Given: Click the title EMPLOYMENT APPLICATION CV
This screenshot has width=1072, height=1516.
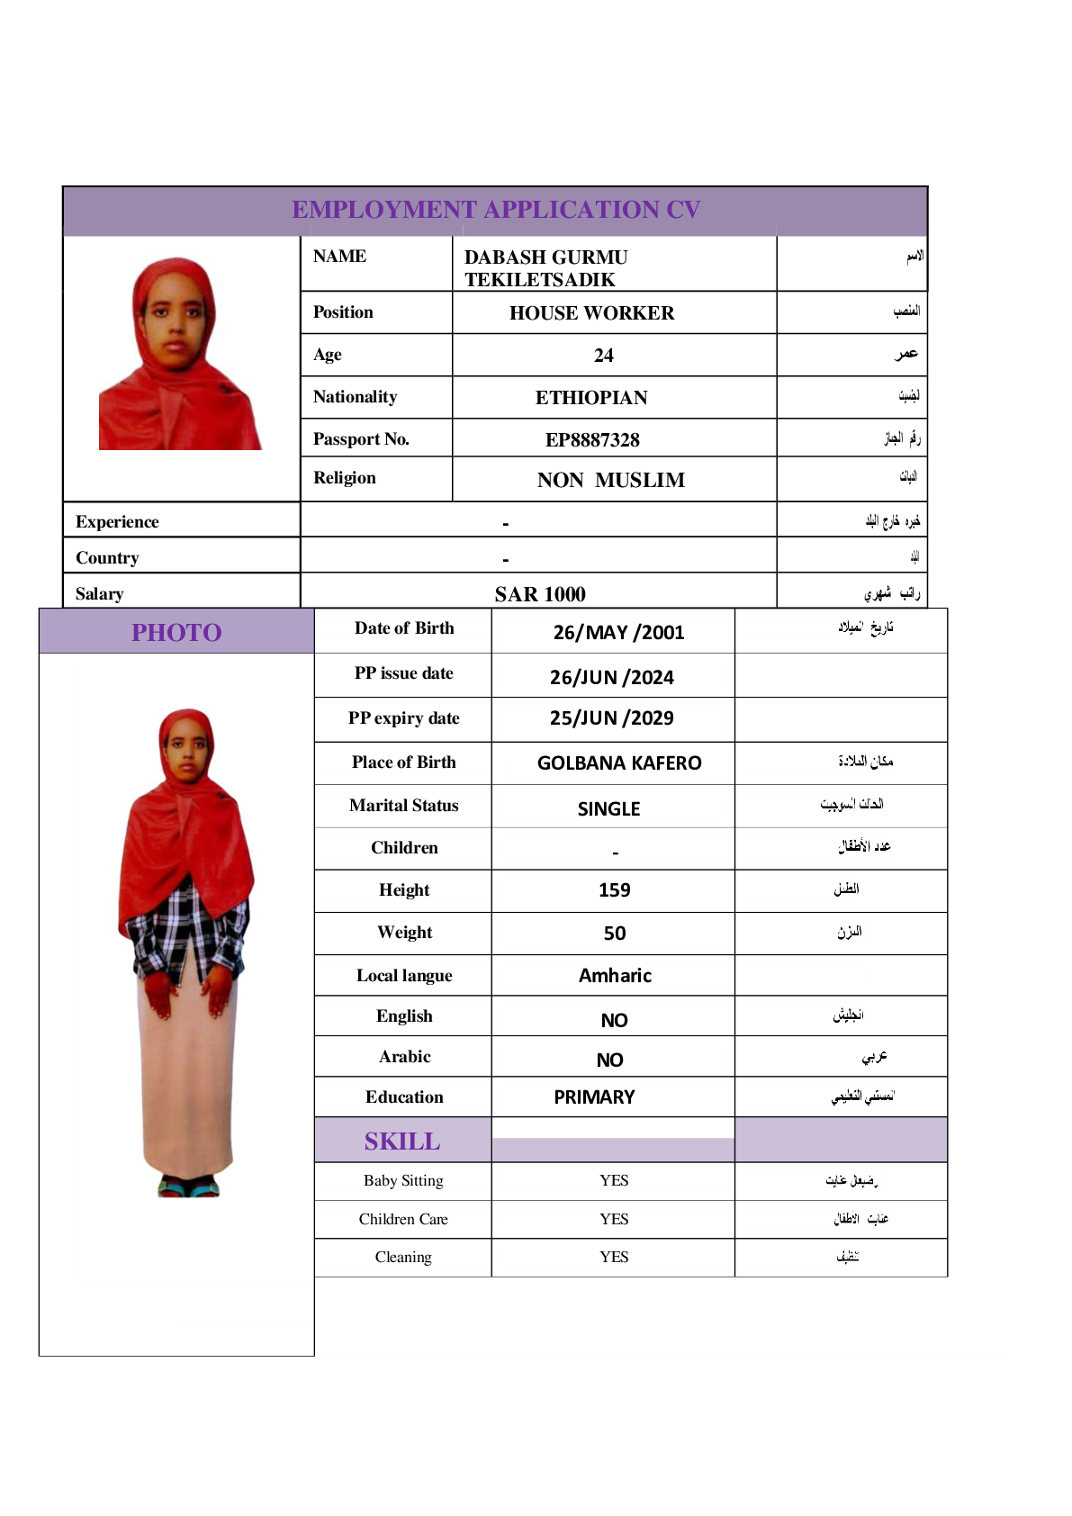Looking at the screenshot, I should pyautogui.click(x=495, y=210).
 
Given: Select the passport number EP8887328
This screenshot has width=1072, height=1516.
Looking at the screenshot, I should pyautogui.click(x=592, y=440).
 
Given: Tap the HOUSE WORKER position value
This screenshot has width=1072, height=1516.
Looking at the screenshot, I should pyautogui.click(x=591, y=313).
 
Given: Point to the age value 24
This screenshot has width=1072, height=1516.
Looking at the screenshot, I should pyautogui.click(x=604, y=356).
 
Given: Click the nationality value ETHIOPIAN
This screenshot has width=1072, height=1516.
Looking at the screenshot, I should pyautogui.click(x=591, y=398).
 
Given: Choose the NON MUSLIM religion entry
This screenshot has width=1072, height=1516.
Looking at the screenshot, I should pyautogui.click(x=610, y=481).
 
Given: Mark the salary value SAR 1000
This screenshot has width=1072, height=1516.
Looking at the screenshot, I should pyautogui.click(x=540, y=594).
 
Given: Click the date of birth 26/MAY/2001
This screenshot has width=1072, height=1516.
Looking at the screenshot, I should pyautogui.click(x=618, y=633).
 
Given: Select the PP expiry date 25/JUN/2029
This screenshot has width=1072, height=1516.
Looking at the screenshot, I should pyautogui.click(x=611, y=718).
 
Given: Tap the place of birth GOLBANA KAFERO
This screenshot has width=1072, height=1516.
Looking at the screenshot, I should pyautogui.click(x=619, y=763).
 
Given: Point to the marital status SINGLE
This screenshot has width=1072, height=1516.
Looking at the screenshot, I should pyautogui.click(x=608, y=809).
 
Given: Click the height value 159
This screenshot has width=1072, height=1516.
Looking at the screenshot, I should pyautogui.click(x=614, y=890).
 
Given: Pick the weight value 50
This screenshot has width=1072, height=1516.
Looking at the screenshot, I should pyautogui.click(x=614, y=934).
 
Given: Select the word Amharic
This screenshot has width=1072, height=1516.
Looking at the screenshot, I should pyautogui.click(x=615, y=976).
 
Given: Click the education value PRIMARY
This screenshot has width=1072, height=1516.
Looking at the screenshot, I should pyautogui.click(x=594, y=1097).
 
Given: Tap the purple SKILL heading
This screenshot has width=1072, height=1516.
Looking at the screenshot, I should pyautogui.click(x=402, y=1142).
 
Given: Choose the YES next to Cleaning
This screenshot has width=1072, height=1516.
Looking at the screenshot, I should pyautogui.click(x=614, y=1258).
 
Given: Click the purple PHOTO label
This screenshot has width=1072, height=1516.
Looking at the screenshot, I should pyautogui.click(x=176, y=633).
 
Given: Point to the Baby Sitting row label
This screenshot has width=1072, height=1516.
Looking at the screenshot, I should pyautogui.click(x=403, y=1181).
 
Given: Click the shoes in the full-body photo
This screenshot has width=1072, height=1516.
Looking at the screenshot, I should pyautogui.click(x=188, y=1187).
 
